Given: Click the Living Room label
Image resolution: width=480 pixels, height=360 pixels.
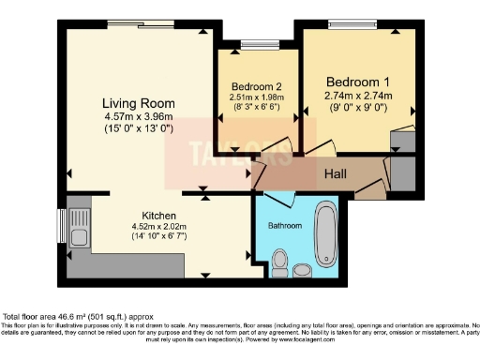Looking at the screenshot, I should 140,102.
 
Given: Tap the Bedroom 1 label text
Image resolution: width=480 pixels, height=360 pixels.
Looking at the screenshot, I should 358,80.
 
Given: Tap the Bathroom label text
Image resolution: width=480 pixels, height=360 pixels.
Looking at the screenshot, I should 285,226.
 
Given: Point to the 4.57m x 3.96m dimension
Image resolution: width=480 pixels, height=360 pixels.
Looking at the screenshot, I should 140,116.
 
